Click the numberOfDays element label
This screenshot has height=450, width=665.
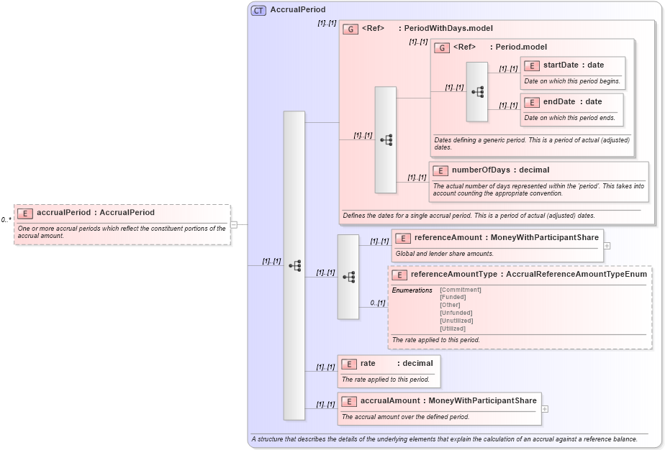coord(480,170)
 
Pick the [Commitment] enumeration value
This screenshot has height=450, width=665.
coord(460,290)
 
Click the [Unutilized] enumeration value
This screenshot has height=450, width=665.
coord(458,321)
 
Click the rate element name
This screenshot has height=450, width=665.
coord(368,364)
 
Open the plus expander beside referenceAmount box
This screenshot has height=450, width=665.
coord(607,245)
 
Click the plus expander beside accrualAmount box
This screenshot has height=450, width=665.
coord(544,408)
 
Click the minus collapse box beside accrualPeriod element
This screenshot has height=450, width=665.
coord(234,224)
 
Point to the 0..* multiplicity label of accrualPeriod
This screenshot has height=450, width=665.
coord(6,220)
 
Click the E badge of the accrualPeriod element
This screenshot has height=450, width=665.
coord(25,213)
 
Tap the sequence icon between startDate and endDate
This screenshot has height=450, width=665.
coord(477,92)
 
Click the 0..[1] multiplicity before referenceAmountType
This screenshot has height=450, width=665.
coord(378,303)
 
